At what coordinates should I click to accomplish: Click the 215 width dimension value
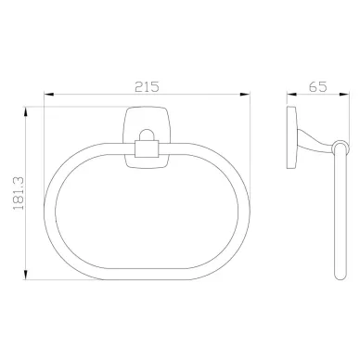click(x=147, y=86)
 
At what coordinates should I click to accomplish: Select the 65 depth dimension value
click(x=317, y=86)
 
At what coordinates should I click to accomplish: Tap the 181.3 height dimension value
click(x=19, y=194)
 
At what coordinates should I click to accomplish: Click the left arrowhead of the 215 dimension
click(x=49, y=94)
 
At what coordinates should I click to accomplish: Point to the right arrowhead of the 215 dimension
click(x=245, y=94)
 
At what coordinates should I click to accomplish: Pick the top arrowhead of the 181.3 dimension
click(x=26, y=112)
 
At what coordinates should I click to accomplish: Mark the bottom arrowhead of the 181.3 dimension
click(x=26, y=275)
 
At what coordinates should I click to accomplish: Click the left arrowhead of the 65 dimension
click(x=292, y=94)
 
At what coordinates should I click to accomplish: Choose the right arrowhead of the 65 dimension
click(x=344, y=94)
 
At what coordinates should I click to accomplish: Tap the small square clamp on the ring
click(x=147, y=149)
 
